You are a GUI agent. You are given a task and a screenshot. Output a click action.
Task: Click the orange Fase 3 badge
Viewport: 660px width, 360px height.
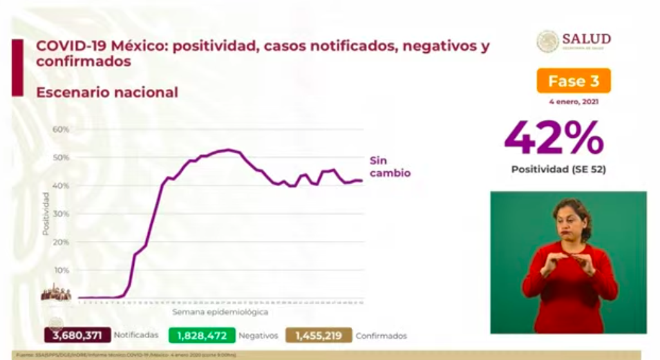pyautogui.click(x=573, y=81)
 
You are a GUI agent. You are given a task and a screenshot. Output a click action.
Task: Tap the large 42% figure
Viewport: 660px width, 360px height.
pyautogui.click(x=554, y=138)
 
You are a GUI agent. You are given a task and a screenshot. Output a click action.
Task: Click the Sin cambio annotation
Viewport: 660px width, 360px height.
pyautogui.click(x=389, y=167)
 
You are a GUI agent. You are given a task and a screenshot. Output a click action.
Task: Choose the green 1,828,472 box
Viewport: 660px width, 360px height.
pyautogui.click(x=202, y=335)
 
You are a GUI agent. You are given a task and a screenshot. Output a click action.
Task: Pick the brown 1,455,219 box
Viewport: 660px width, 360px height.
pyautogui.click(x=319, y=335)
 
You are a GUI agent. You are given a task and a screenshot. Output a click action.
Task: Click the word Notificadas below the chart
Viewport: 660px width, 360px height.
pyautogui.click(x=136, y=336)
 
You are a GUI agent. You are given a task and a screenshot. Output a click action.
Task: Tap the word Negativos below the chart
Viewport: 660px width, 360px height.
pyautogui.click(x=258, y=336)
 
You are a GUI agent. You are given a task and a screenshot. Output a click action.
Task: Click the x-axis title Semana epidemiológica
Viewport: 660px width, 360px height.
pyautogui.click(x=220, y=312)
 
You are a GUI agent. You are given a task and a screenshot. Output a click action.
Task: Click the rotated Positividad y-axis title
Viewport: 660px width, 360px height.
pyautogui.click(x=46, y=213)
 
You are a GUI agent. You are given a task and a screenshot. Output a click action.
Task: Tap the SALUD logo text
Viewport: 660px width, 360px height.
pyautogui.click(x=586, y=39)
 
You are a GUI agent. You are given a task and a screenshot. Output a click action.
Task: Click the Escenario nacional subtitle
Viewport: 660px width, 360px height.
pyautogui.click(x=107, y=92)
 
